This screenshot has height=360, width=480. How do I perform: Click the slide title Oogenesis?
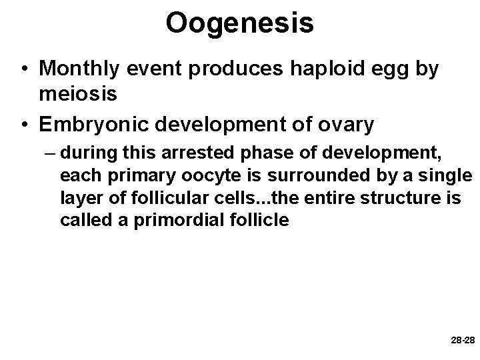pyautogui.click(x=239, y=22)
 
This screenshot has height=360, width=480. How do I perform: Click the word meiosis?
pyautogui.click(x=79, y=94)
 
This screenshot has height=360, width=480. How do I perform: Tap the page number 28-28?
pyautogui.click(x=462, y=340)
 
